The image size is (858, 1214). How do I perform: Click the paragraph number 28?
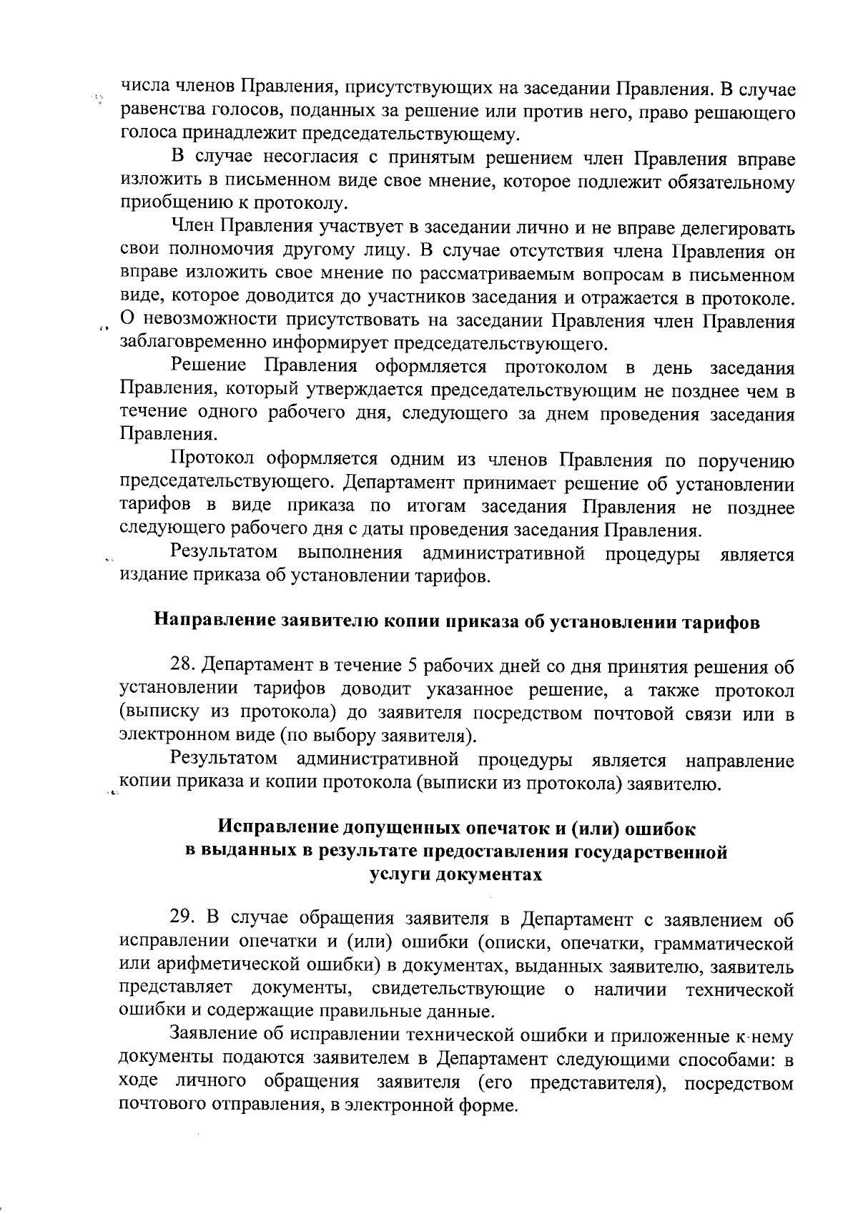pyautogui.click(x=182, y=667)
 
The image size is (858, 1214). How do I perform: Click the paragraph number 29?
pyautogui.click(x=182, y=920)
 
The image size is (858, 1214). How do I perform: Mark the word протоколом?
pyautogui.click(x=556, y=367)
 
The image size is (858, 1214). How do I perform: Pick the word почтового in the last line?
pyautogui.click(x=166, y=1105)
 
